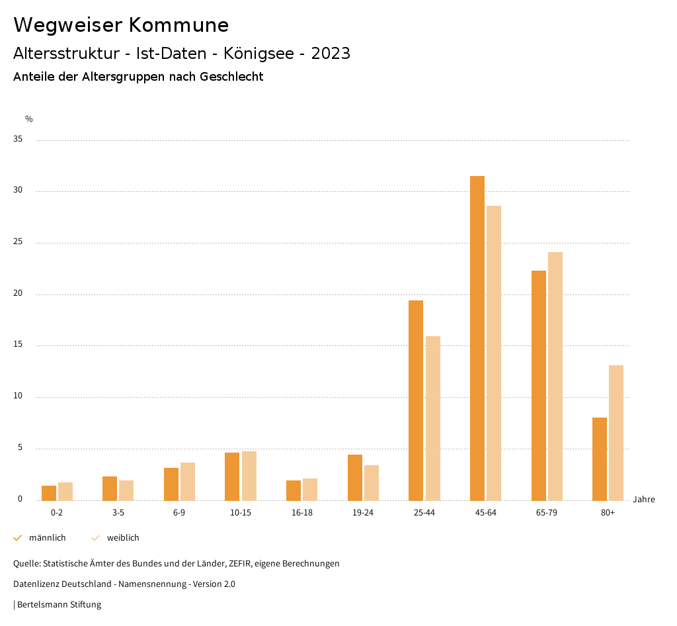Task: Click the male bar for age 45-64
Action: click(x=477, y=338)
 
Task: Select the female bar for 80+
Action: click(x=616, y=433)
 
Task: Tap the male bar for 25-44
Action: click(x=416, y=400)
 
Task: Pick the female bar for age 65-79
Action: click(x=555, y=376)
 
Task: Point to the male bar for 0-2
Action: click(x=49, y=493)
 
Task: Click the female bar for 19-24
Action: click(x=372, y=482)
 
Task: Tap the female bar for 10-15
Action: click(x=249, y=476)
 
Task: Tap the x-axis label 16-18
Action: click(x=302, y=513)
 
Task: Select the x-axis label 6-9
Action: click(x=179, y=513)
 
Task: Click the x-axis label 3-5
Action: click(x=118, y=513)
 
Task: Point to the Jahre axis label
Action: click(x=644, y=500)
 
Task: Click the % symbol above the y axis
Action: click(x=29, y=119)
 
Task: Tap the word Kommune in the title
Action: click(x=179, y=25)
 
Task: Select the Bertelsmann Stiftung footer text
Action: click(x=59, y=605)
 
